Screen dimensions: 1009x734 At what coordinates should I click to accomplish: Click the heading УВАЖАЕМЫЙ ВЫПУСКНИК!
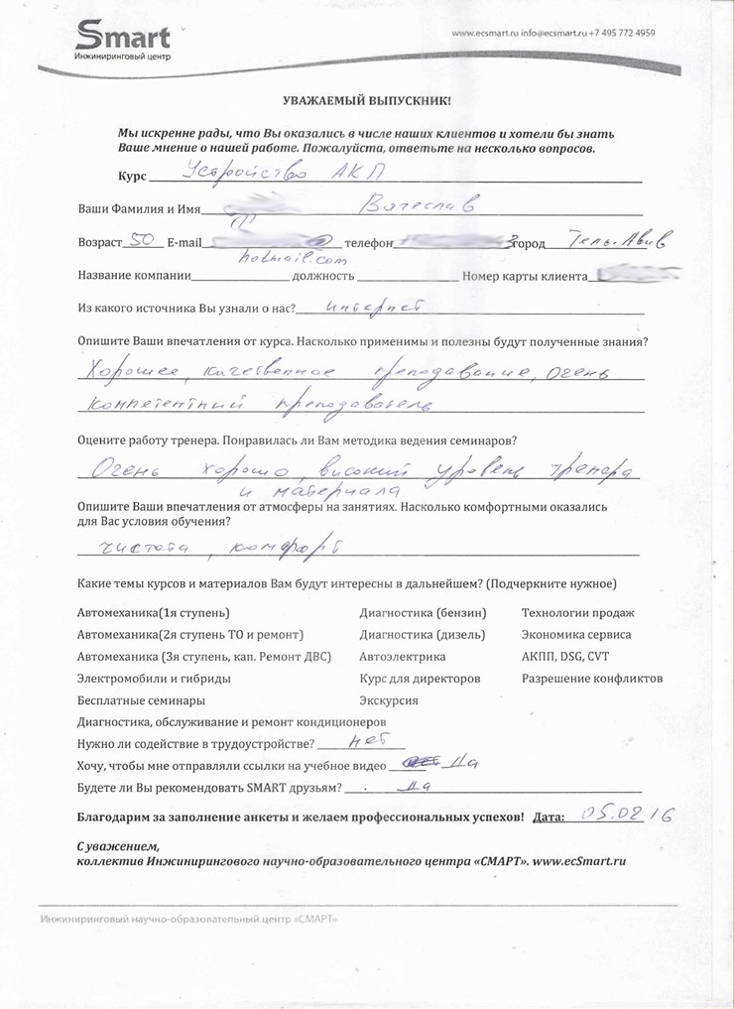pyautogui.click(x=366, y=101)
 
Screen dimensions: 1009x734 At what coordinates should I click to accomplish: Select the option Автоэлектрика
pyautogui.click(x=403, y=656)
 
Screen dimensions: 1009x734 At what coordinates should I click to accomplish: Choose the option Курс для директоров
pyautogui.click(x=420, y=679)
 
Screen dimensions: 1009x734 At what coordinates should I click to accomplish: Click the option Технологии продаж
pyautogui.click(x=577, y=613)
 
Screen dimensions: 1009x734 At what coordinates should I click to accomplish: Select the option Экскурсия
pyautogui.click(x=389, y=700)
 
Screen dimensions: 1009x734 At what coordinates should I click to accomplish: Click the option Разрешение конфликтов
pyautogui.click(x=592, y=679)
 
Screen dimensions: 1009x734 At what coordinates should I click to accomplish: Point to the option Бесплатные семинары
pyautogui.click(x=141, y=700)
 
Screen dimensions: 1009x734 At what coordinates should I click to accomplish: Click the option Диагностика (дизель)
pyautogui.click(x=423, y=634)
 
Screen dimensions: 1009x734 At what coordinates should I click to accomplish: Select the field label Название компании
pyautogui.click(x=133, y=277)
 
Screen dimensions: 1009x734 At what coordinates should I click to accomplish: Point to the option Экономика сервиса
pyautogui.click(x=576, y=634)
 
